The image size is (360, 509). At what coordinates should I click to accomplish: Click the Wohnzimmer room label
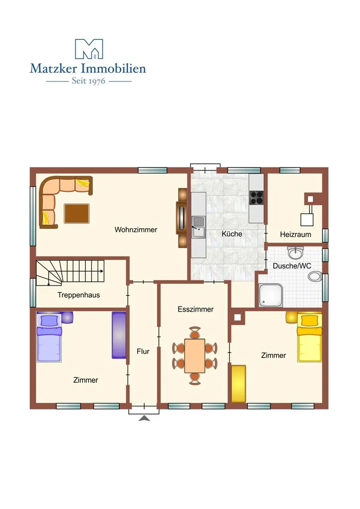coord(136,230)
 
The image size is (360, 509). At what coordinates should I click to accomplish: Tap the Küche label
coord(232,234)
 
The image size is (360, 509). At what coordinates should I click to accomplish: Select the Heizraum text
coord(295,235)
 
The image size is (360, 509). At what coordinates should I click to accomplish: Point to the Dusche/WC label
coord(292,266)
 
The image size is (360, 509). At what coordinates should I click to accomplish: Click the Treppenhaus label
coord(79,295)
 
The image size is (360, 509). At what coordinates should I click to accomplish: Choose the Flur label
coord(143,351)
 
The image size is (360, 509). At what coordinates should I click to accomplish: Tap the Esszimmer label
coord(195,309)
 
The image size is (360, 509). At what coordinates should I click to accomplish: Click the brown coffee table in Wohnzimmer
coord(77,213)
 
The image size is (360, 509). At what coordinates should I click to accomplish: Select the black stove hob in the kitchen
coord(257,197)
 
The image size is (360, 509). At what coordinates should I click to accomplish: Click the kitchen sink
coord(198,227)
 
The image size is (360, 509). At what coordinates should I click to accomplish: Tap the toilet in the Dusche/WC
coord(315,276)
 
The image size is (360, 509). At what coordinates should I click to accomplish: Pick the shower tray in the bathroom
coord(270,295)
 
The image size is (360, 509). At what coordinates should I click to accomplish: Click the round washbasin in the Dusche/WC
coord(295,253)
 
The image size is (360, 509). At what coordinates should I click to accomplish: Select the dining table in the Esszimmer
coord(195,356)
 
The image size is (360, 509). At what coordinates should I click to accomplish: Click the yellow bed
coord(310,337)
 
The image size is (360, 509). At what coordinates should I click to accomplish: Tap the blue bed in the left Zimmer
coord(49,337)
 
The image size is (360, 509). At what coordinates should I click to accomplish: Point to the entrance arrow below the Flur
coord(144,419)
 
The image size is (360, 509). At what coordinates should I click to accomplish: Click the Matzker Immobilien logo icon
coord(89,49)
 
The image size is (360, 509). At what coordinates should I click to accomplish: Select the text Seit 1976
coord(89,81)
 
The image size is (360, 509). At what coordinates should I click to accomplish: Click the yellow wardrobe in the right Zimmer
coord(239,384)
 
